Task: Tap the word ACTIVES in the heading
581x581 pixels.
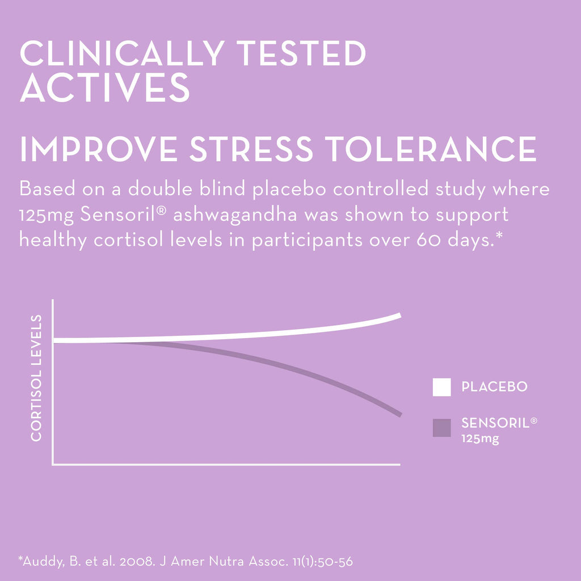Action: click(105, 89)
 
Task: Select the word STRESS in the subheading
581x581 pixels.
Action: click(251, 149)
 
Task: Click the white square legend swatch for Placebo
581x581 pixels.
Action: click(441, 387)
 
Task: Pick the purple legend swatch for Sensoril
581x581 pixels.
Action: click(441, 428)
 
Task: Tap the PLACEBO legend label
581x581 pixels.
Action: click(494, 387)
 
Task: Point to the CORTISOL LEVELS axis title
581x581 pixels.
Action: click(36, 378)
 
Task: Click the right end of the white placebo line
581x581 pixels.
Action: click(399, 316)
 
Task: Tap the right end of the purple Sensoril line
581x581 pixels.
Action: click(399, 414)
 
